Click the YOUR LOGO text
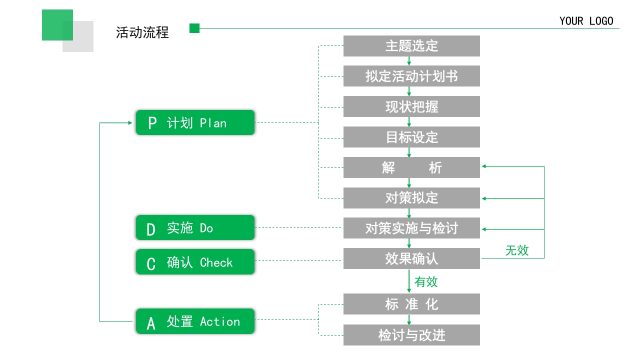coord(586,21)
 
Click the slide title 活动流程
coord(142,32)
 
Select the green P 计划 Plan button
coord(195,122)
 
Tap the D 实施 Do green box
coord(195,227)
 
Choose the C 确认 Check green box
coord(195,262)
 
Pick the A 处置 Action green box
coord(195,321)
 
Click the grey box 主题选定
coord(411,46)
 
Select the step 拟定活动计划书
coord(411,76)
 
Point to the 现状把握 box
coord(411,106)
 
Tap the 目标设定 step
coord(411,137)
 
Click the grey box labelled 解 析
coord(411,167)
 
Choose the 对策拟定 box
coord(411,198)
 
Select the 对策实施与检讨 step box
coord(411,228)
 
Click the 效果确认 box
coord(411,258)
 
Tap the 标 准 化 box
coord(411,304)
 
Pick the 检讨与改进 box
coord(411,335)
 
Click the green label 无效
coord(516,250)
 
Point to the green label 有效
coord(426,282)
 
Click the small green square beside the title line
coord(194,28)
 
